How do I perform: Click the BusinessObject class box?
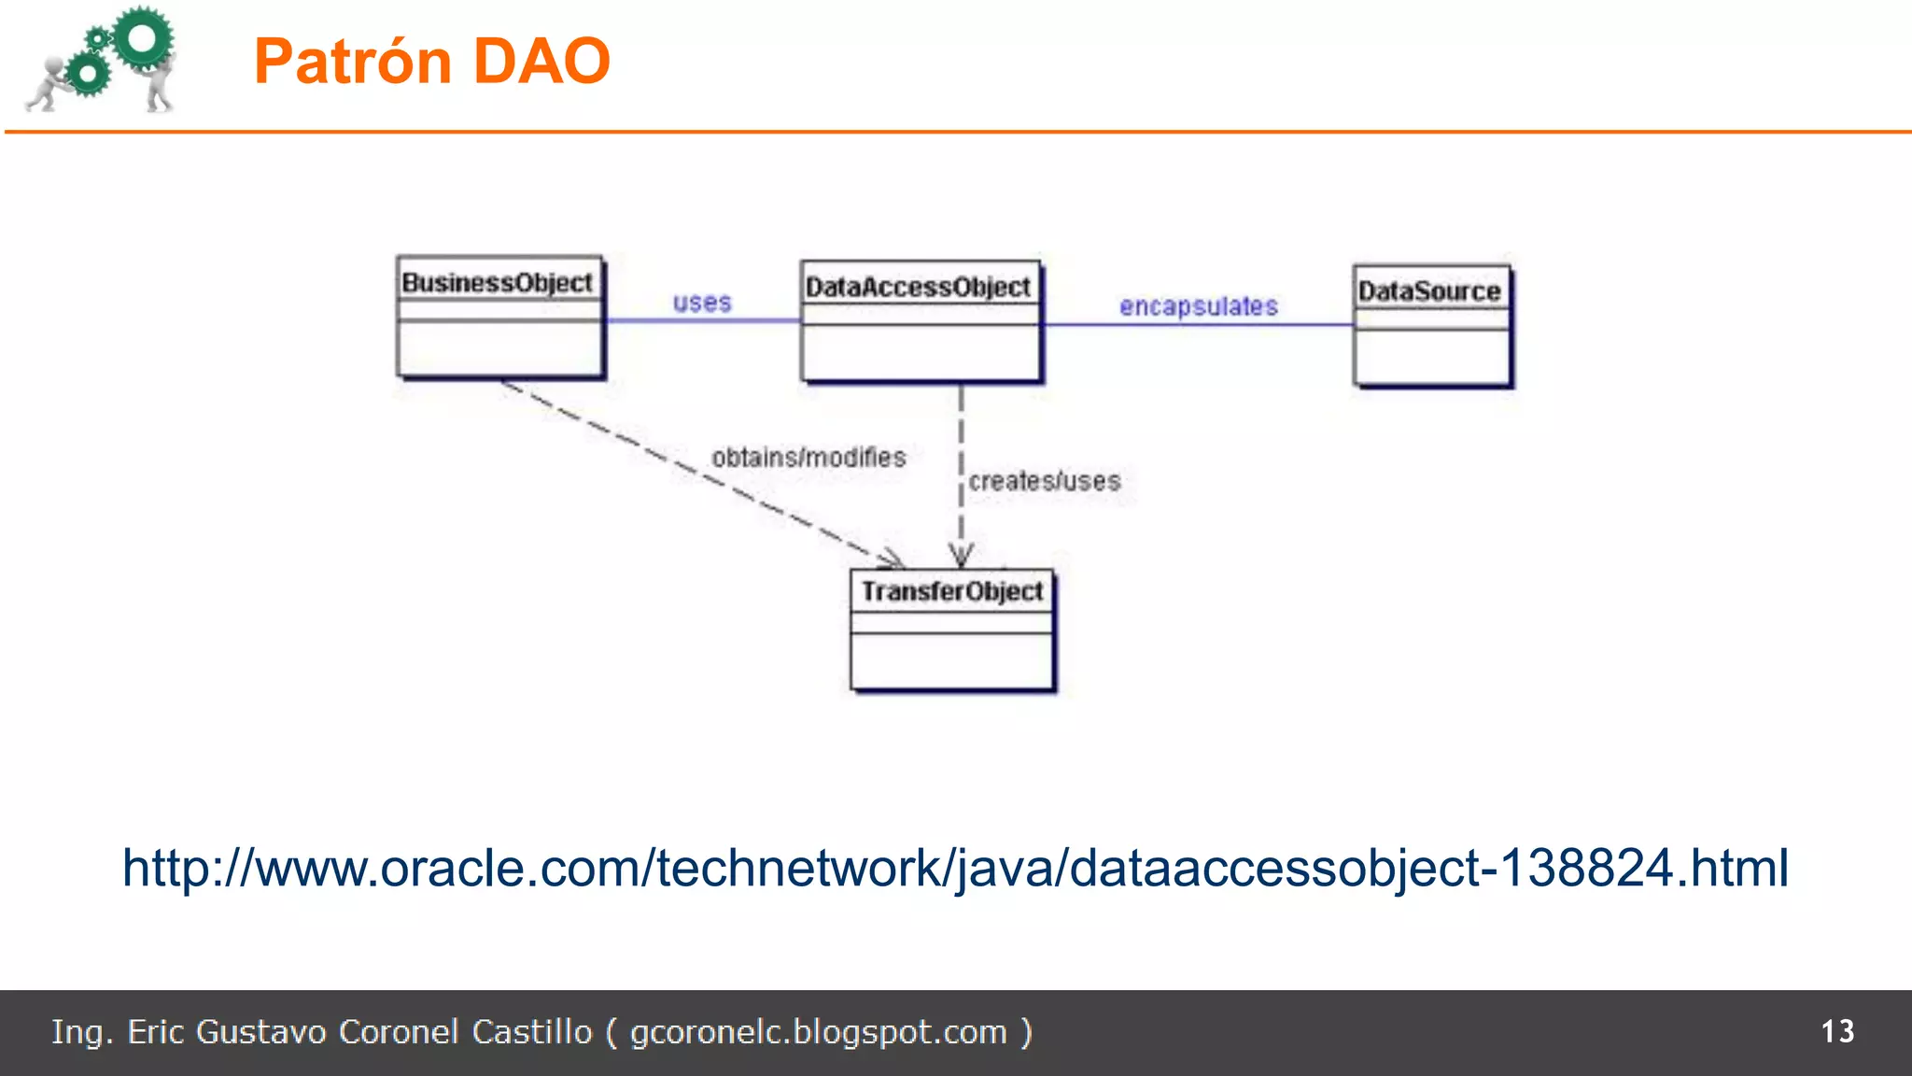(x=500, y=318)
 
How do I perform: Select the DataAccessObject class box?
(x=921, y=322)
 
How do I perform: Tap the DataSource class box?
(x=1432, y=326)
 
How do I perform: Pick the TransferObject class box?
(x=952, y=630)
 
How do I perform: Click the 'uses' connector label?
(x=702, y=303)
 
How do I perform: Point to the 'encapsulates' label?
(x=1198, y=306)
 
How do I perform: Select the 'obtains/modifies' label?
(x=808, y=458)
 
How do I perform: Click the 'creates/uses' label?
(x=1044, y=481)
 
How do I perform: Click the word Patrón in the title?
(x=353, y=62)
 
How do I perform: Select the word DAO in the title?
(x=541, y=62)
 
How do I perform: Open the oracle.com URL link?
(x=955, y=868)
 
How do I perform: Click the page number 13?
(x=1837, y=1031)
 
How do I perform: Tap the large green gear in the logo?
(x=143, y=37)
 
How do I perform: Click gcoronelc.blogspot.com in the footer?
(x=818, y=1032)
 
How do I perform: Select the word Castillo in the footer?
(x=531, y=1032)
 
